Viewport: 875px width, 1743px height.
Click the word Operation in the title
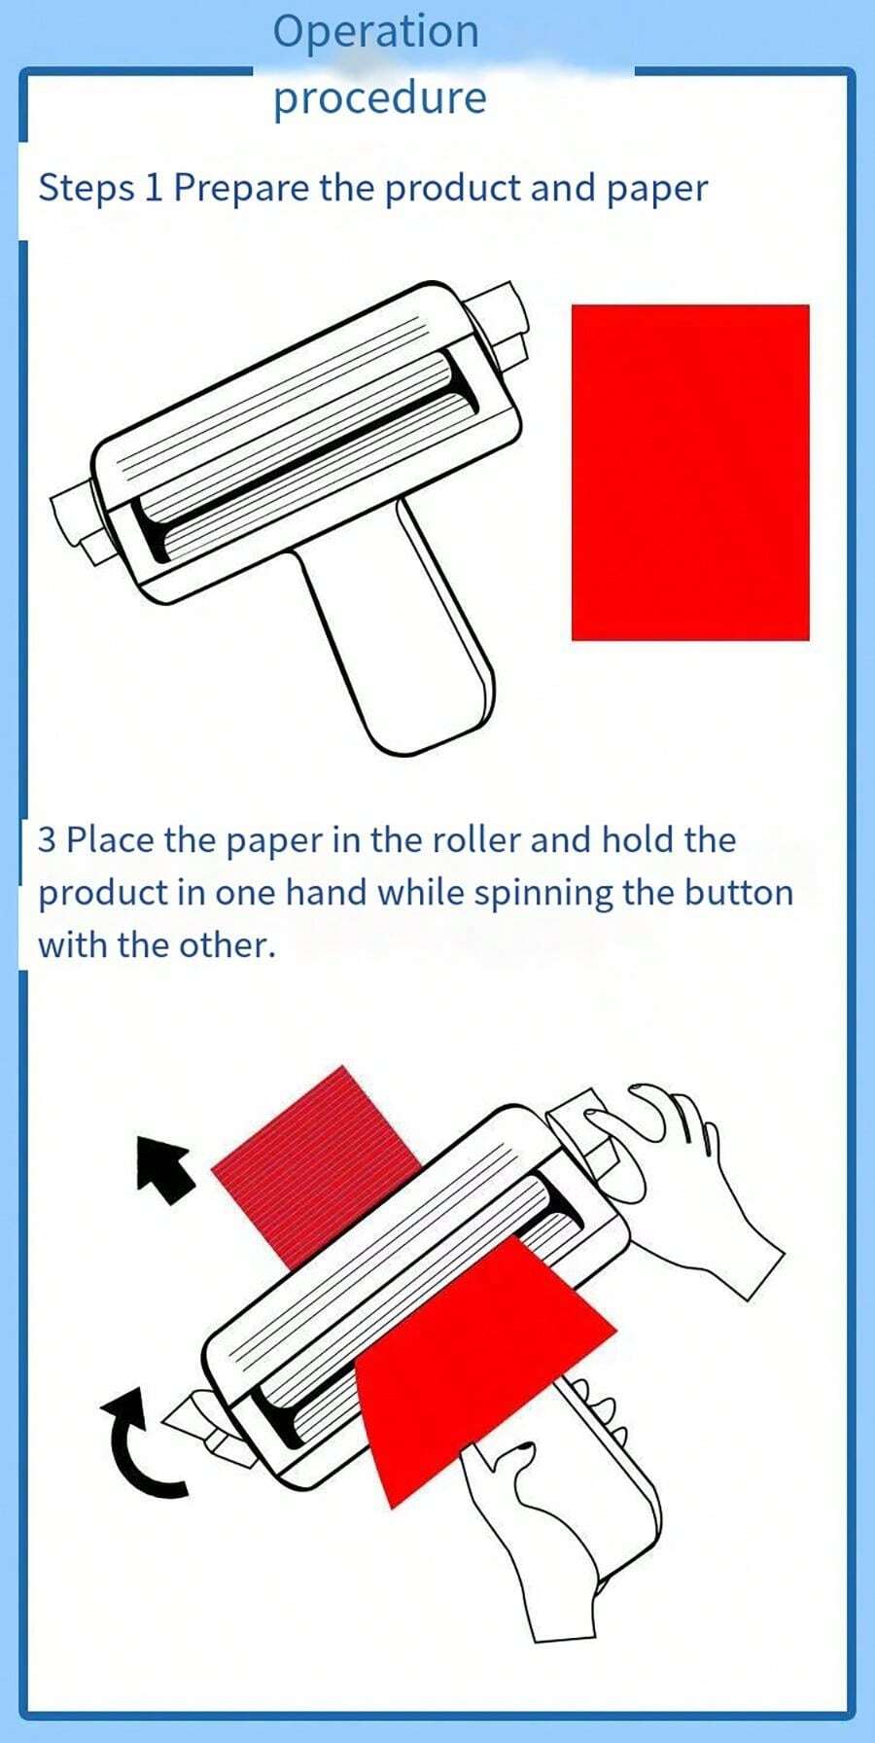375,32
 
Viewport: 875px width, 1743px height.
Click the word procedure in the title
379,98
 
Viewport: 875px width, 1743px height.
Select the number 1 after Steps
153,188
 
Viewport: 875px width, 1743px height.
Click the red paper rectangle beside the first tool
690,473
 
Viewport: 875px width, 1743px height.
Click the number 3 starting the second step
47,839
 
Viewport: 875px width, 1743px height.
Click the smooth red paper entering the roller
476,1362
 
